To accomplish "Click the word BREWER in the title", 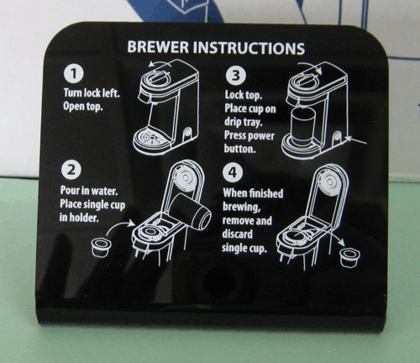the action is [x=158, y=47].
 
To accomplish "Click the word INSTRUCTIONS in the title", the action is [x=249, y=48].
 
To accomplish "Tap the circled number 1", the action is [x=74, y=73].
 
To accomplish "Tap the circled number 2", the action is [x=71, y=170].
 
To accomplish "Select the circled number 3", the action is [x=236, y=76].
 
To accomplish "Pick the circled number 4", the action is [x=233, y=172].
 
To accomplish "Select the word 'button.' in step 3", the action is [x=240, y=148].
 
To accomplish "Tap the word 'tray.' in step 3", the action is [x=251, y=122].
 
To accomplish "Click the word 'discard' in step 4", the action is [x=238, y=234].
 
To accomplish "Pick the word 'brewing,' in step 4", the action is [x=242, y=207].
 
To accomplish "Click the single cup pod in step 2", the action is [x=101, y=247].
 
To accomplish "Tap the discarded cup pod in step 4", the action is [x=349, y=257].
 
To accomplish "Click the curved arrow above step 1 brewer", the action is [x=160, y=63].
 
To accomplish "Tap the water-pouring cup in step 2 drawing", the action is [x=190, y=211].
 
